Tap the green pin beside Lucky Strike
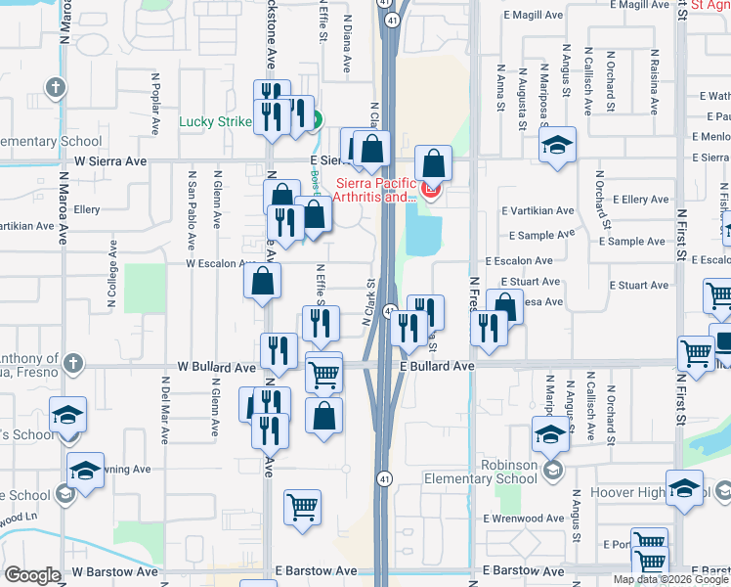[x=316, y=121]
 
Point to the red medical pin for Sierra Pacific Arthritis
[x=431, y=188]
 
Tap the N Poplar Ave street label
[x=155, y=103]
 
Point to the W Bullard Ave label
[x=215, y=366]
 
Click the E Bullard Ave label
[x=437, y=366]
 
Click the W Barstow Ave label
[x=114, y=570]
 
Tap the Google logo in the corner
[x=32, y=575]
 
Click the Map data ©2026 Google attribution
[x=669, y=579]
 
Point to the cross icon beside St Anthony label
[x=71, y=365]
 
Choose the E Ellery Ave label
[x=640, y=200]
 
